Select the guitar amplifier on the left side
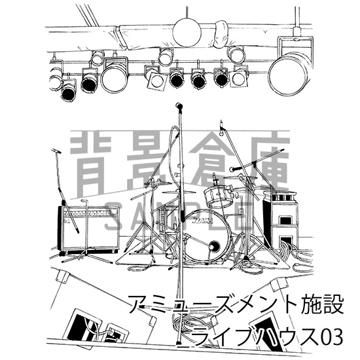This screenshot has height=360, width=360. (x=88, y=229)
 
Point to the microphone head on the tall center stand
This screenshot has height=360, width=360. (x=178, y=106)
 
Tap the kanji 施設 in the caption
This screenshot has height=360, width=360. (x=312, y=306)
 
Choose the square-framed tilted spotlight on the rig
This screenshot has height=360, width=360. (x=155, y=79)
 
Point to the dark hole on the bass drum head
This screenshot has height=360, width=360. (x=213, y=246)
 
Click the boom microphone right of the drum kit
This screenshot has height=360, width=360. (x=234, y=170)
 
